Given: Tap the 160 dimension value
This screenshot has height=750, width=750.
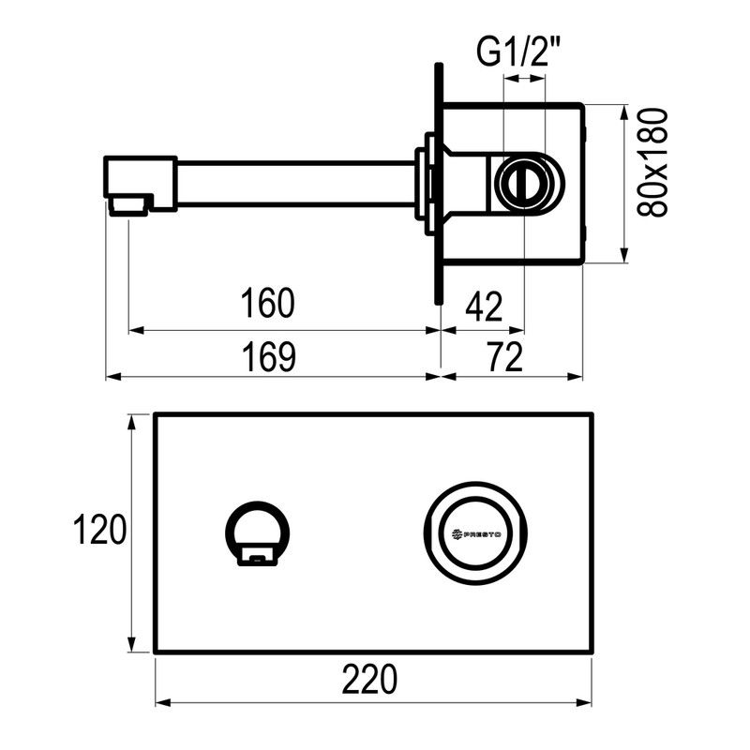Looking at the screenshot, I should pos(267,304).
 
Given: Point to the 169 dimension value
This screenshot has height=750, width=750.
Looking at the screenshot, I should pos(267,355).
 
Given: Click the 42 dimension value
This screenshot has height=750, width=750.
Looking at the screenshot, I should pos(484,305).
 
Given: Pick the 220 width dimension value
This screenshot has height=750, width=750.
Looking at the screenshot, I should pos(369,677).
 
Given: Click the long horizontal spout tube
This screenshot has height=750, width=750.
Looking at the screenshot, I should pos(295,184).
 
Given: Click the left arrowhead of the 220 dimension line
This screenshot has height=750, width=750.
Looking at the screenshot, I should pos(160,702).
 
